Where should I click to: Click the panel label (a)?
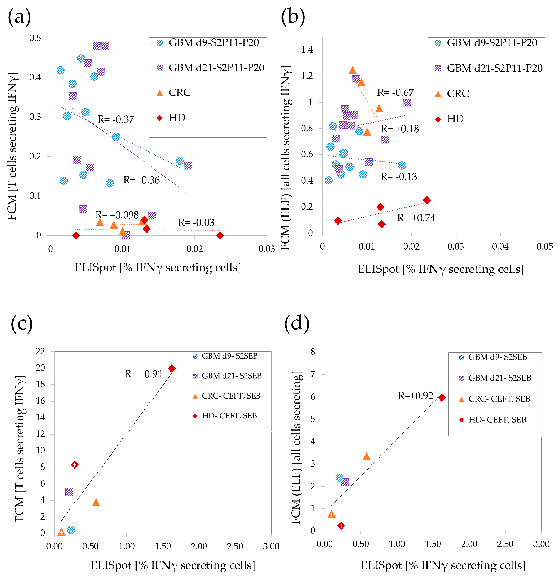19,17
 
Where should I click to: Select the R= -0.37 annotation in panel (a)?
116,119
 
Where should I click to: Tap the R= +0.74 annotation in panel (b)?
416,218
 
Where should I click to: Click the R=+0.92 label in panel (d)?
415,396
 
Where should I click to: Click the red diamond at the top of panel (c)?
171,368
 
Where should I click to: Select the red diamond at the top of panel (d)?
441,398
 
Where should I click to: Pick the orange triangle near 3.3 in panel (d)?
366,456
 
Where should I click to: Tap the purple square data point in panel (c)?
69,491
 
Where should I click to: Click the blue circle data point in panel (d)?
339,478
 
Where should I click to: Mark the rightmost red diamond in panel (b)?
427,200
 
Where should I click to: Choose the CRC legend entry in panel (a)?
179,93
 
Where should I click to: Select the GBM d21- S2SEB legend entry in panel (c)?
231,376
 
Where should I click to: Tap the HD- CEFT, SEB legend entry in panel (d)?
497,420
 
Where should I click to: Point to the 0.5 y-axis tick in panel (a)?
35,38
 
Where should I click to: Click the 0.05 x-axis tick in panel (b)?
544,247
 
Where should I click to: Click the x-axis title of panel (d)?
443,565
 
